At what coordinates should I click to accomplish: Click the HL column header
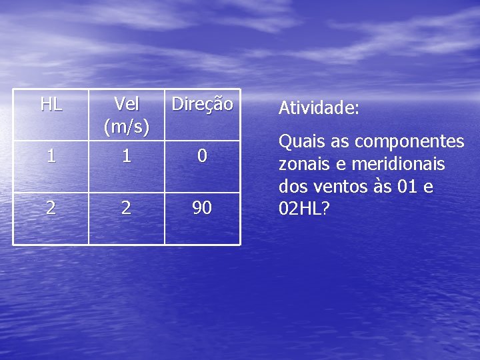51,104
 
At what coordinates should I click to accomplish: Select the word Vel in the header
127,104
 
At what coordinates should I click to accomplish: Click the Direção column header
202,104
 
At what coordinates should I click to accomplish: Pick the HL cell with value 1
51,156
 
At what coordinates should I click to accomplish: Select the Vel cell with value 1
127,156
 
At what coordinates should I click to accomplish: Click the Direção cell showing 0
202,156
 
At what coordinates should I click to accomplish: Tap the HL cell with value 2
51,208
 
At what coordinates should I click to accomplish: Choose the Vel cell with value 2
127,208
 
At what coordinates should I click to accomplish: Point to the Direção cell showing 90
202,208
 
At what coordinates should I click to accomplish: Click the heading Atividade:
319,108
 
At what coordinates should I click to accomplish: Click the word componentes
409,142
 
